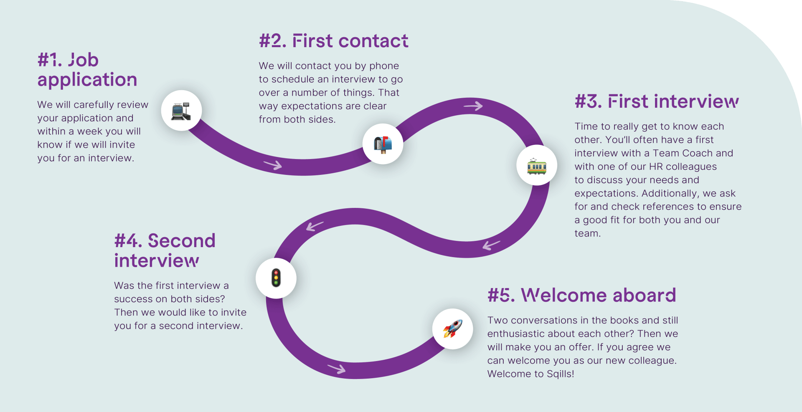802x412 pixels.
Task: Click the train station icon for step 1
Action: coord(181,111)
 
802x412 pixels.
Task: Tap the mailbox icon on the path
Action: coord(383,144)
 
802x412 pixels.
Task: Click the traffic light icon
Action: coord(276,278)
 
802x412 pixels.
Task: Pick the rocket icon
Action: coord(453,329)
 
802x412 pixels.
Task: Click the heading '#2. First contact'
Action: coord(333,41)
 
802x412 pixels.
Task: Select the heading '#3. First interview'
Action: coord(657,101)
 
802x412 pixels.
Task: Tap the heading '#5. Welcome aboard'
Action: coord(581,295)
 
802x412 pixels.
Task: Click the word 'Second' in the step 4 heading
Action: coord(182,241)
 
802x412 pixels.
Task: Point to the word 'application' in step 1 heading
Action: coord(87,80)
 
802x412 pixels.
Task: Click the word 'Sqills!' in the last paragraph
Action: coord(560,374)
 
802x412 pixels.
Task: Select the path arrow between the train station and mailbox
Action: coord(273,165)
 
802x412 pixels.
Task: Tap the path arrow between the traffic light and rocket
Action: coord(337,369)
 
